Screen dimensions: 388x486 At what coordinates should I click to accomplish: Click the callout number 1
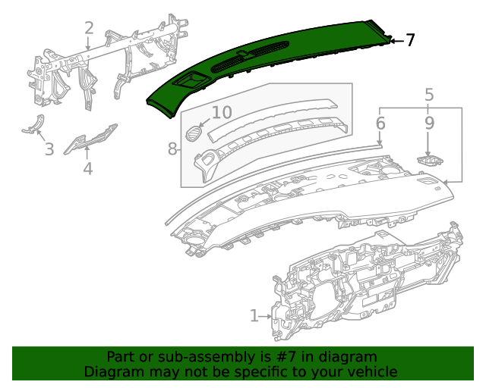click(254, 314)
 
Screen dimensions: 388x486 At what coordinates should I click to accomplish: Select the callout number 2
click(89, 29)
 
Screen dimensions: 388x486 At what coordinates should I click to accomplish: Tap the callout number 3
click(49, 149)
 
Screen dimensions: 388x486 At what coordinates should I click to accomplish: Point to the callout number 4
click(88, 168)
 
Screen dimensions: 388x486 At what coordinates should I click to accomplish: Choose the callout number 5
click(429, 95)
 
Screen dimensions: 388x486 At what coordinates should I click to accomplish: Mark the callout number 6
click(380, 122)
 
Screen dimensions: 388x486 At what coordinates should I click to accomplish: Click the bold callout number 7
click(410, 40)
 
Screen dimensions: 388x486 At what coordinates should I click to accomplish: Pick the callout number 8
click(172, 149)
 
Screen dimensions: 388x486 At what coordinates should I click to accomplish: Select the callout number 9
click(429, 122)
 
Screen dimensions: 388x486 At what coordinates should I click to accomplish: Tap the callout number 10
click(221, 113)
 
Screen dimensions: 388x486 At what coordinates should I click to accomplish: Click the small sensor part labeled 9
click(429, 161)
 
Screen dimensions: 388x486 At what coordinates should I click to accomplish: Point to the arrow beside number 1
click(266, 314)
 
